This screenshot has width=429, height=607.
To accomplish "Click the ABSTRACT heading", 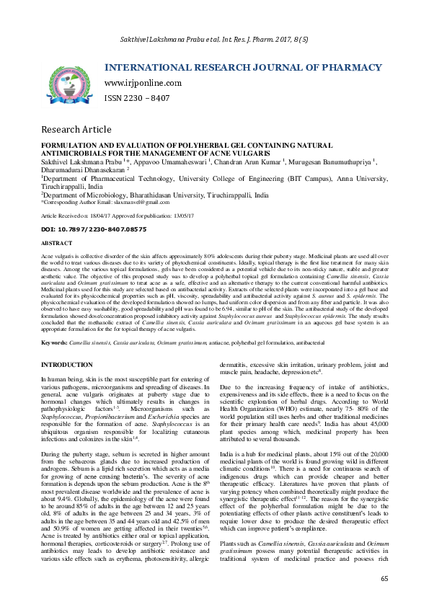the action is coord(56,243).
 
